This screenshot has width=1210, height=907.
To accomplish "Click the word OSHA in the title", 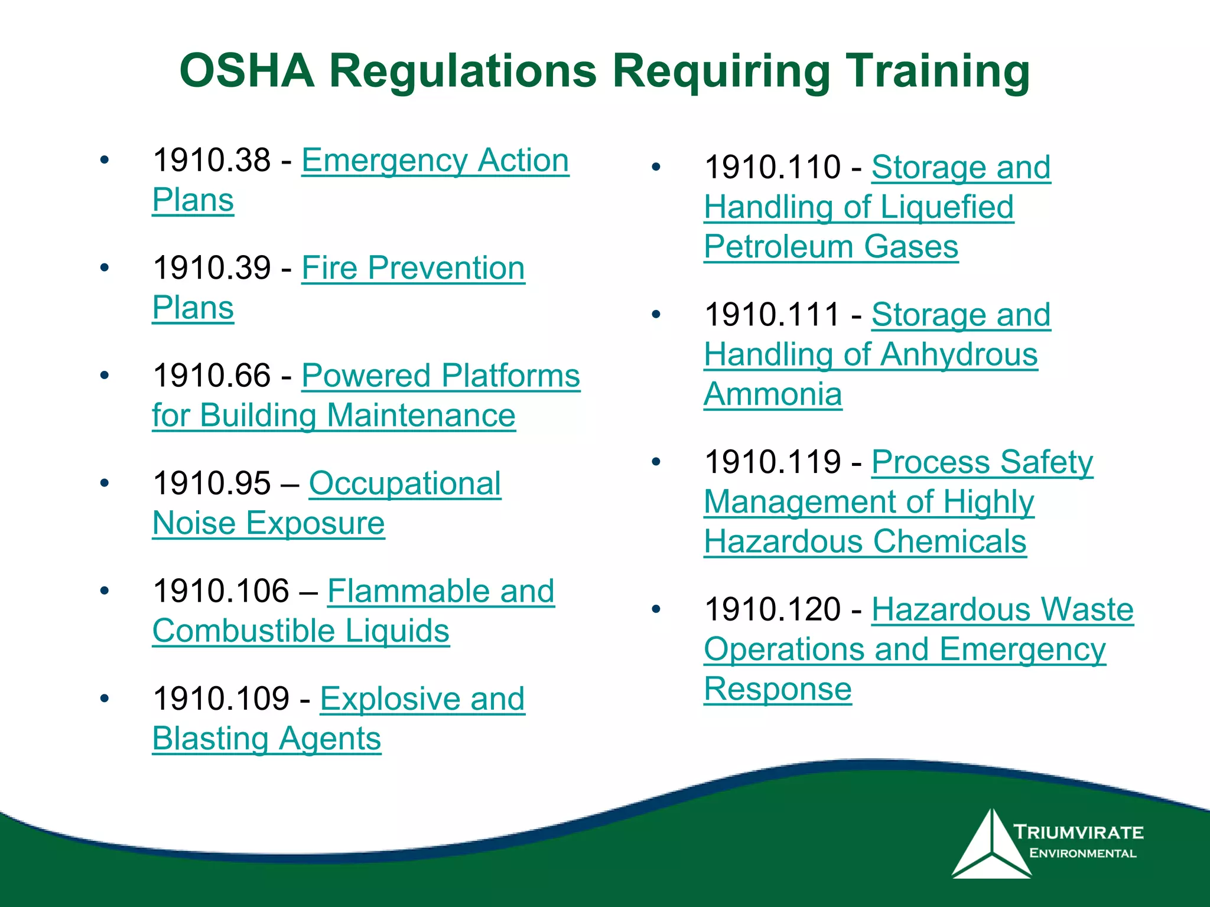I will pyautogui.click(x=247, y=71).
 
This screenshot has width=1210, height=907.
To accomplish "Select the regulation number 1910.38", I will pyautogui.click(x=212, y=160).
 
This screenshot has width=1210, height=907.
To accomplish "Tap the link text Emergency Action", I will pyautogui.click(x=435, y=160).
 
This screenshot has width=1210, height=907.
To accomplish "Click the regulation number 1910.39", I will pyautogui.click(x=212, y=268).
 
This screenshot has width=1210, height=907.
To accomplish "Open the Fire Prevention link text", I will pyautogui.click(x=413, y=268).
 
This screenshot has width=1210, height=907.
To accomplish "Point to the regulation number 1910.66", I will pyautogui.click(x=212, y=376).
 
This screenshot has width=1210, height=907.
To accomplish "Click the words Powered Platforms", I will pyautogui.click(x=441, y=376).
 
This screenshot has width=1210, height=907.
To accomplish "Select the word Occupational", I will pyautogui.click(x=405, y=484).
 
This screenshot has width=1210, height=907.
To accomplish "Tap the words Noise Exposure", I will pyautogui.click(x=268, y=523).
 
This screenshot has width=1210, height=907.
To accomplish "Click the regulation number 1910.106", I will pyautogui.click(x=221, y=591).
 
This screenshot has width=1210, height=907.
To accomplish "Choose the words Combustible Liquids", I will pyautogui.click(x=301, y=631).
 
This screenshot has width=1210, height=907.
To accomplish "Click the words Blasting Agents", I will pyautogui.click(x=266, y=739).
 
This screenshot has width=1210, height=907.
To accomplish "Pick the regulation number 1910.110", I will pyautogui.click(x=772, y=167).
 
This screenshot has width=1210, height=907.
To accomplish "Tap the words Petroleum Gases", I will pyautogui.click(x=831, y=246).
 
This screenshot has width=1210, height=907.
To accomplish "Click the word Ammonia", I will pyautogui.click(x=773, y=394).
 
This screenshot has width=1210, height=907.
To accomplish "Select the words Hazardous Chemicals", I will pyautogui.click(x=865, y=541).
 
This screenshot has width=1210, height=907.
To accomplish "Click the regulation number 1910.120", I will pyautogui.click(x=772, y=609).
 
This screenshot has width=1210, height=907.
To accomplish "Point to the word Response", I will pyautogui.click(x=778, y=689).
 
